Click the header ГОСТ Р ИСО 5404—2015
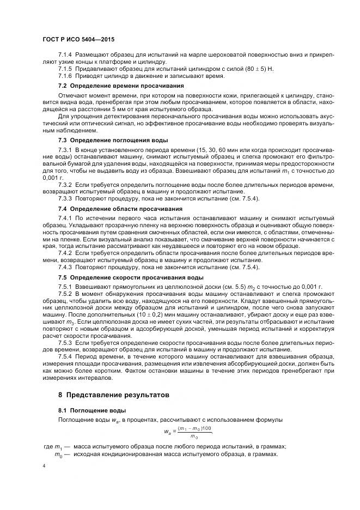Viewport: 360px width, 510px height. tap(79, 39)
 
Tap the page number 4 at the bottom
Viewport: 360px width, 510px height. tap(45, 466)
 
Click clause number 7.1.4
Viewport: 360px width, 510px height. tap(65, 56)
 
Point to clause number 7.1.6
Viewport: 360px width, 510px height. tap(65, 76)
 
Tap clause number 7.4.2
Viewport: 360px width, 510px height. tap(65, 253)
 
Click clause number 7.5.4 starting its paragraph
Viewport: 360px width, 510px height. tap(65, 356)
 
